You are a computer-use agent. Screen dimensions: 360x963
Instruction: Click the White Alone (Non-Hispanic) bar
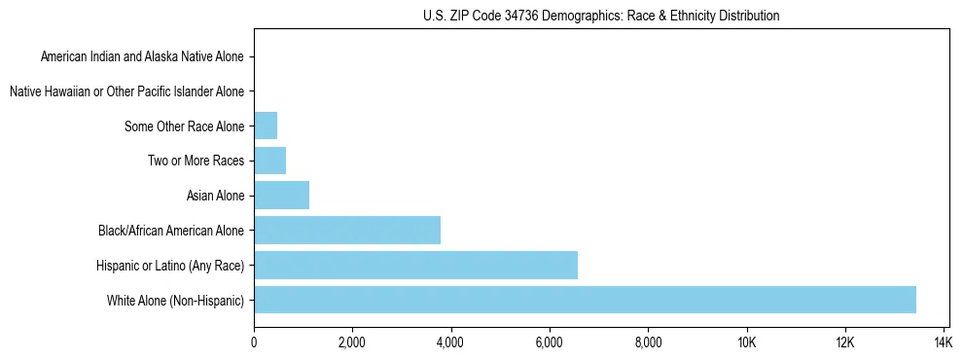tap(585, 300)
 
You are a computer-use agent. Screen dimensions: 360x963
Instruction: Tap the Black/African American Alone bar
tap(347, 231)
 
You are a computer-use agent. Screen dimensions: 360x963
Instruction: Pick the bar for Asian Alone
tap(281, 196)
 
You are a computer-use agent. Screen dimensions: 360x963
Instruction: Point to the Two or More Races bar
tap(269, 161)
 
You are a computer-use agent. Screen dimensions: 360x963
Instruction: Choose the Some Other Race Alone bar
tap(266, 126)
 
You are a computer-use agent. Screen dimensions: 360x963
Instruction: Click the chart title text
tap(601, 16)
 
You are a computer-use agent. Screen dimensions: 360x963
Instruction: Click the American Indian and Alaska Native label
tap(142, 57)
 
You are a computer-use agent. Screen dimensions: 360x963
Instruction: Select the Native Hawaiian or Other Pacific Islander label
tap(126, 92)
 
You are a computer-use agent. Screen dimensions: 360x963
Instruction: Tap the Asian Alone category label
tap(215, 197)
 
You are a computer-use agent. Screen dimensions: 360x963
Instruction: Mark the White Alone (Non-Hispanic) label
tap(175, 301)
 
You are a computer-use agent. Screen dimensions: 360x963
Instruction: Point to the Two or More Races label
tap(196, 162)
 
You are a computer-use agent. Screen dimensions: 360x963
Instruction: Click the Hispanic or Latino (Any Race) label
tap(170, 266)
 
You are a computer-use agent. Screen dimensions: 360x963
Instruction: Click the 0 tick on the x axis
tap(254, 342)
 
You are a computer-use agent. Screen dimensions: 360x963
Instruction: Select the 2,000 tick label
tap(352, 342)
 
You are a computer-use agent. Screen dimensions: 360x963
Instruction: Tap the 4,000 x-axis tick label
tap(450, 342)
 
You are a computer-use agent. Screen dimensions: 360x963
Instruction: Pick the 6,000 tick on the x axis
tap(550, 342)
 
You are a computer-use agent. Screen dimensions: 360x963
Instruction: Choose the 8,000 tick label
tap(648, 342)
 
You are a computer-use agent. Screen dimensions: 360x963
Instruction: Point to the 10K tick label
tap(746, 342)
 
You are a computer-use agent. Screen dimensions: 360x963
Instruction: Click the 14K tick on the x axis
tap(943, 342)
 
